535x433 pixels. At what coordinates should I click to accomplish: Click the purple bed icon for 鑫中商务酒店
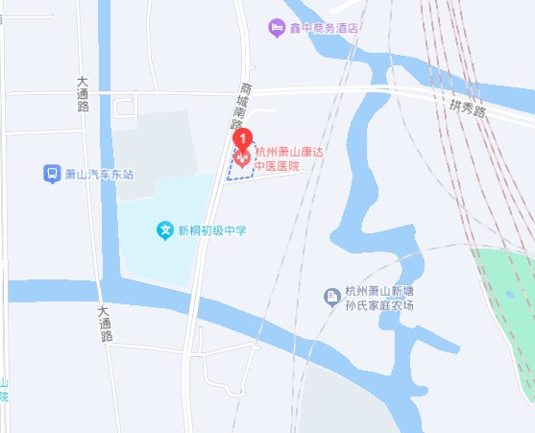[277, 27]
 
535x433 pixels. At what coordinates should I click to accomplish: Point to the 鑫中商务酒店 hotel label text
[324, 28]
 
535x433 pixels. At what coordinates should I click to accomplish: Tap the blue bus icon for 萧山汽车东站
[51, 174]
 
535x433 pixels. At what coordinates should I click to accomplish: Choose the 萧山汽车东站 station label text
[98, 175]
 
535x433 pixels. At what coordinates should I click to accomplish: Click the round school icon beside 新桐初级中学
[164, 230]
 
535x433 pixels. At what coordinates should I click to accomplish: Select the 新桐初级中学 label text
[212, 230]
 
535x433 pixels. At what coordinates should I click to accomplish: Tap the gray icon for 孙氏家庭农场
[331, 293]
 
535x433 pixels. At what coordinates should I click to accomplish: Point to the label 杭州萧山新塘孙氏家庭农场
[378, 299]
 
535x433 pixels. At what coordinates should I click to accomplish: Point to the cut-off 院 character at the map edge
[4, 396]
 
